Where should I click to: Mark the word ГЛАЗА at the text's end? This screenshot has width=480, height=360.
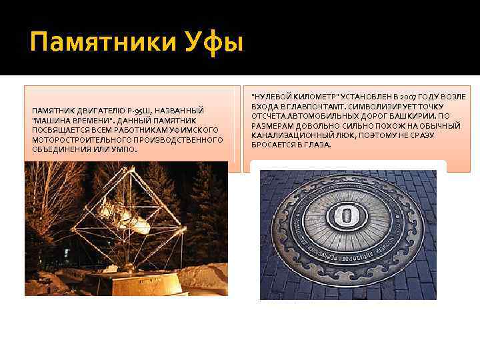(x=316, y=145)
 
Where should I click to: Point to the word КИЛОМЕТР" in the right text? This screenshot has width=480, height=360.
(x=314, y=97)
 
